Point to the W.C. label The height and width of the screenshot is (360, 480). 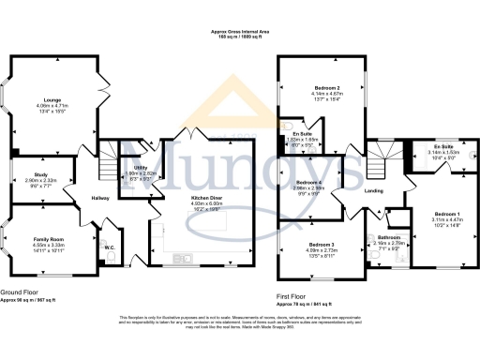click(x=110, y=247)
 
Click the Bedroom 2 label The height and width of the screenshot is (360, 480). click(x=323, y=87)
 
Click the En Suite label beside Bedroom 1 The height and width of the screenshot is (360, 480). click(x=440, y=146)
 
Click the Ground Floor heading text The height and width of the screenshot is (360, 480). click(x=20, y=293)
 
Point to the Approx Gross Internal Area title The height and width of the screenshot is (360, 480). click(x=240, y=31)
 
